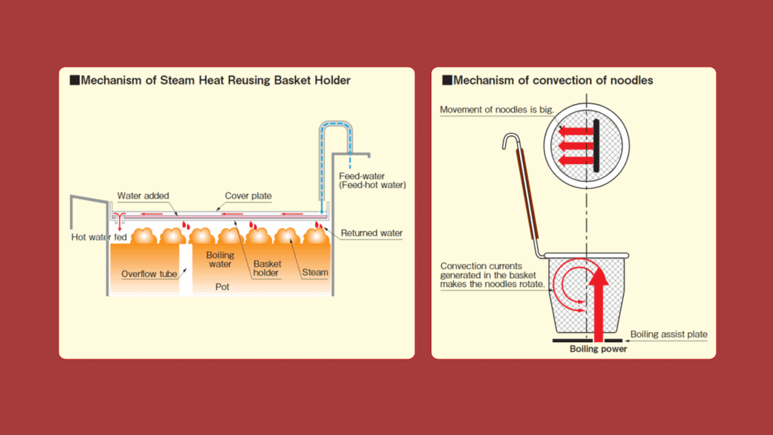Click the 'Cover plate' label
click(x=248, y=196)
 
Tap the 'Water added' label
click(x=143, y=196)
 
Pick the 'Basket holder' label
click(x=266, y=269)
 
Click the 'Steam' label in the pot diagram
click(x=316, y=272)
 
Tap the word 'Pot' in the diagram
click(x=222, y=288)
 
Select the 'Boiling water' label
click(x=220, y=260)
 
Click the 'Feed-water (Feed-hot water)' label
click(x=372, y=180)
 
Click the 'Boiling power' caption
click(x=598, y=350)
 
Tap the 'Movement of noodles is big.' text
click(x=497, y=110)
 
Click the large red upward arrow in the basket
click(x=598, y=302)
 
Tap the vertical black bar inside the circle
click(x=596, y=146)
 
